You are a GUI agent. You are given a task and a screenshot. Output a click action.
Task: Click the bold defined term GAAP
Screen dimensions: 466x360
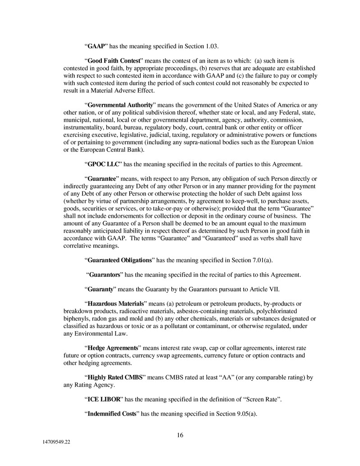pyautogui.click(x=96, y=46)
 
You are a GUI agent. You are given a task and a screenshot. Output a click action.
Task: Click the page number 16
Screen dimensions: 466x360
pyautogui.click(x=180, y=435)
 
